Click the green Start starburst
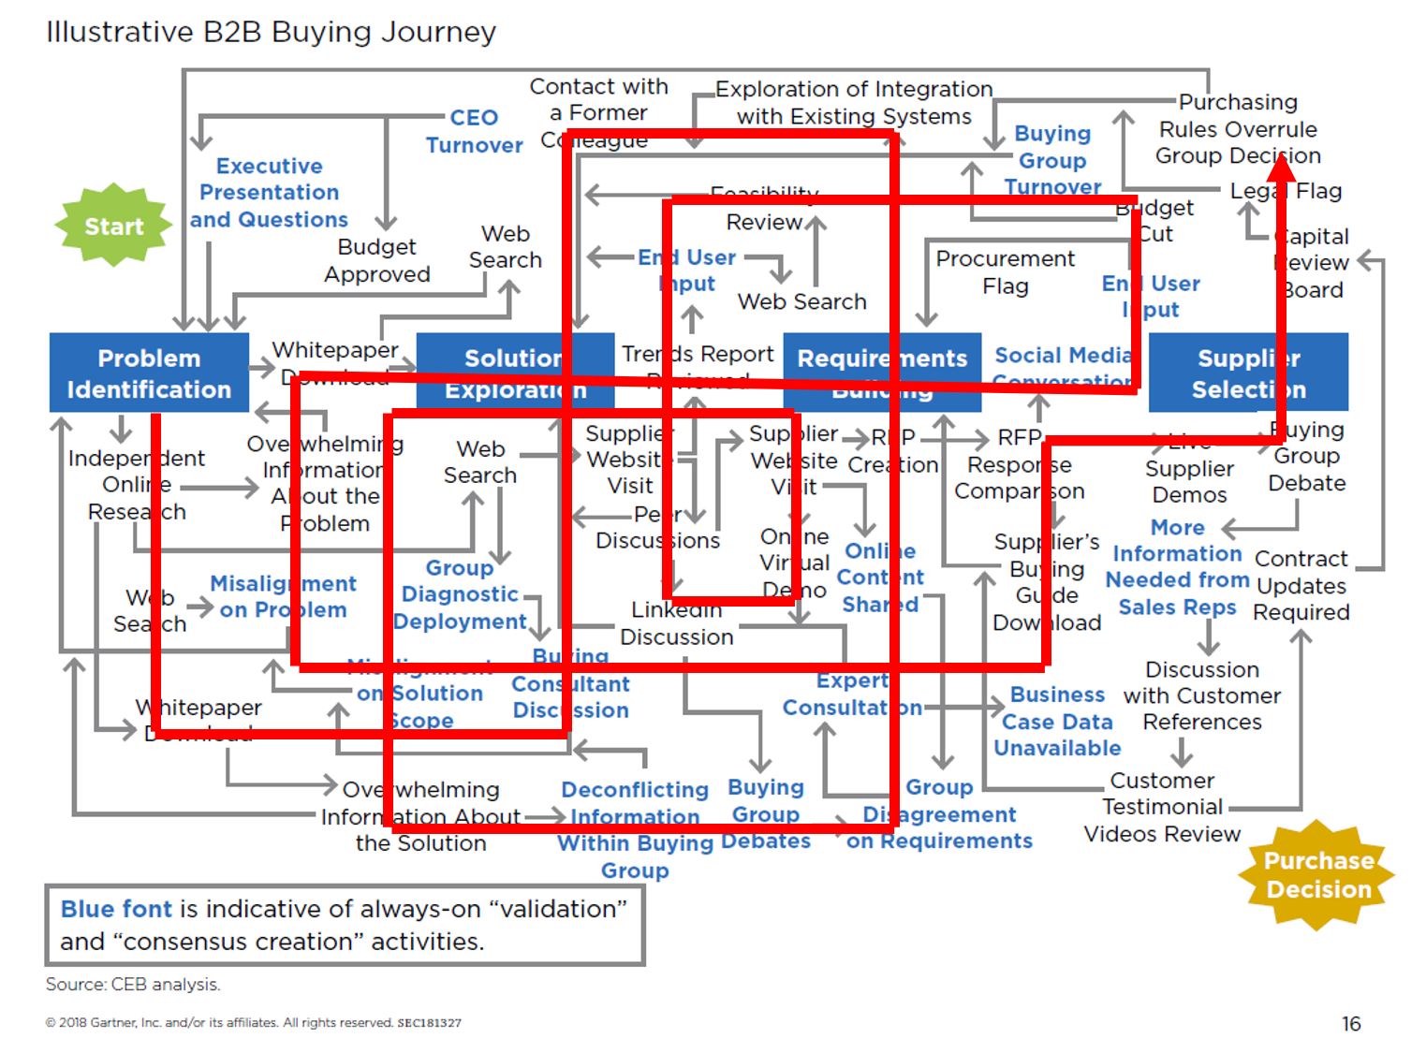coord(114,226)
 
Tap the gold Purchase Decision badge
coord(1317,875)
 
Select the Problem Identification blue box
coord(149,373)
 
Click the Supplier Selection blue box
coord(1248,373)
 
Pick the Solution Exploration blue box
coord(515,373)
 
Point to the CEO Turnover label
coord(474,131)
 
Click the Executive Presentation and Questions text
coord(270,193)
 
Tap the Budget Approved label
coord(377,260)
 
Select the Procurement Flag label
coord(1005,271)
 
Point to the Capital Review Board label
coord(1313,263)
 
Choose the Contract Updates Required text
coord(1301,585)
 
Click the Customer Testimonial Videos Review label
coord(1162,807)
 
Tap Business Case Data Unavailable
coord(1057,721)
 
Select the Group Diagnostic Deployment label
coord(460,594)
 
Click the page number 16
coord(1350,1023)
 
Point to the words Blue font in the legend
coord(116,909)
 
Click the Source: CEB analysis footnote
coord(133,985)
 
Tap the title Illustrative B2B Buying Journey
coord(271,32)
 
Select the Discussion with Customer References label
coord(1202,695)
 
